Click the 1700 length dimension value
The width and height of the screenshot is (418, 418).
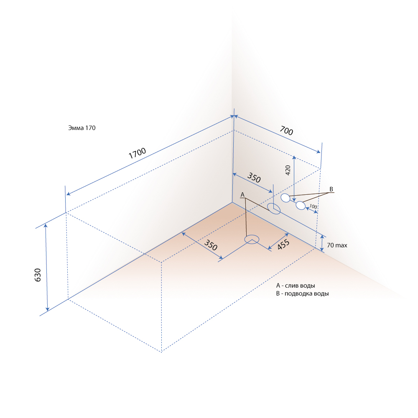[x=137, y=153]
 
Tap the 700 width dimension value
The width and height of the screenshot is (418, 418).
[x=286, y=130]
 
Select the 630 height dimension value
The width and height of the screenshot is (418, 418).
[x=38, y=275]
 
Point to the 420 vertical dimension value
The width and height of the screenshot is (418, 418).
[x=288, y=170]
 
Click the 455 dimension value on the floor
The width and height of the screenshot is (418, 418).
[x=283, y=245]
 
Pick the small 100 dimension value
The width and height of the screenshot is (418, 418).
[x=313, y=206]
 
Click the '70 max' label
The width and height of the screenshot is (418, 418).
[x=337, y=245]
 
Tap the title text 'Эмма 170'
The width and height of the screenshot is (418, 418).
[x=82, y=128]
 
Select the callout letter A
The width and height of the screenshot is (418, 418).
[x=242, y=195]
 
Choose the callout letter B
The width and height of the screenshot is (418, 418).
[x=331, y=189]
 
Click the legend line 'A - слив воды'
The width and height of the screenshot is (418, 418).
[x=296, y=285]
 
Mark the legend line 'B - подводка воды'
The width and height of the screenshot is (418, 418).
[x=302, y=293]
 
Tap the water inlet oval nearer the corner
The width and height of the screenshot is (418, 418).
[x=285, y=198]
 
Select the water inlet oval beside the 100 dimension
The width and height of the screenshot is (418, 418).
[x=301, y=206]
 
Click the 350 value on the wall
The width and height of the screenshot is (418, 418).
[x=254, y=178]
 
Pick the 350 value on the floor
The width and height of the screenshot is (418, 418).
[x=211, y=245]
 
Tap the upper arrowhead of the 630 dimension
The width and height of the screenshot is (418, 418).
[x=46, y=226]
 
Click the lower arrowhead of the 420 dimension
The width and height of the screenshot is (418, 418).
[x=294, y=200]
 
